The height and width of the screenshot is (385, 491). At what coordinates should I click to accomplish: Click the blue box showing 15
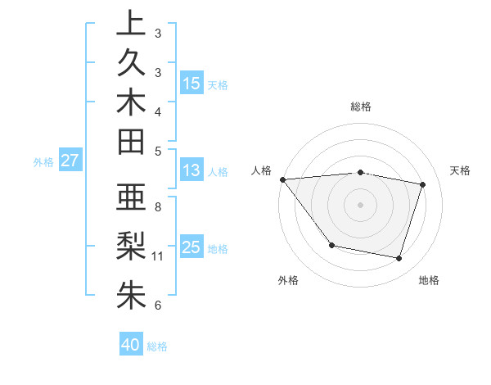(x=191, y=83)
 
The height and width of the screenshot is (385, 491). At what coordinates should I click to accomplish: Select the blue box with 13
(x=191, y=170)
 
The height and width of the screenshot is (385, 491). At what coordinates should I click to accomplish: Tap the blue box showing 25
(x=191, y=247)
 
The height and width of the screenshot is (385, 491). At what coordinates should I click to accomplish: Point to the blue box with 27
(x=70, y=161)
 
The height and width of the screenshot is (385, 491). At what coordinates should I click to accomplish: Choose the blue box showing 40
(x=131, y=345)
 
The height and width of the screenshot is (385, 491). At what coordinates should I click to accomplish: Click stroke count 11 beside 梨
(x=158, y=256)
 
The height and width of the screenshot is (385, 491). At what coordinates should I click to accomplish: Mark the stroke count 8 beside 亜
(x=158, y=206)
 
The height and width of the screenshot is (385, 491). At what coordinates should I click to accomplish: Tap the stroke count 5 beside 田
(x=158, y=150)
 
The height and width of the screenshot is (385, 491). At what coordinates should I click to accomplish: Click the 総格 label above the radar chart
(x=360, y=106)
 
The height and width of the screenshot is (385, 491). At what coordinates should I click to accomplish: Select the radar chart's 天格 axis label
(x=460, y=170)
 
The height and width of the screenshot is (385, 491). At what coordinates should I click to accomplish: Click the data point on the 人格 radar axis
(x=282, y=179)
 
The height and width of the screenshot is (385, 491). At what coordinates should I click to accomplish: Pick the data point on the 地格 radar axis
(x=399, y=259)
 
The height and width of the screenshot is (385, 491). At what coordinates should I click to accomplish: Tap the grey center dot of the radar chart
(x=360, y=205)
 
